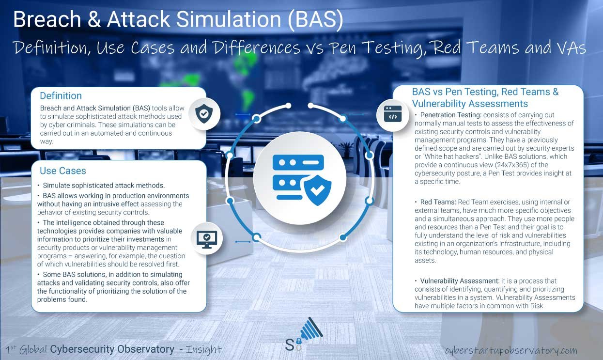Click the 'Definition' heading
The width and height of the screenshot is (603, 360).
61,96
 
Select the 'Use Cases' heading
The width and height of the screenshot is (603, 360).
62,171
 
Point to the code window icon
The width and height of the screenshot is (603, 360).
393,114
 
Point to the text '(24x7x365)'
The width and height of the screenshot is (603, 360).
498,165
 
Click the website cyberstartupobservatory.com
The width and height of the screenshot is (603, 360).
511,350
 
